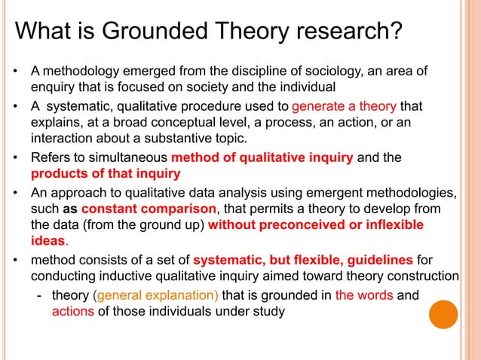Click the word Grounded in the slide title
(x=140, y=32)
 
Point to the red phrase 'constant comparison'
(x=149, y=209)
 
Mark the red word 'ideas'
(x=48, y=243)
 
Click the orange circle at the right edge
(x=443, y=315)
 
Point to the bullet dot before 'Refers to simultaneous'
(x=16, y=159)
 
